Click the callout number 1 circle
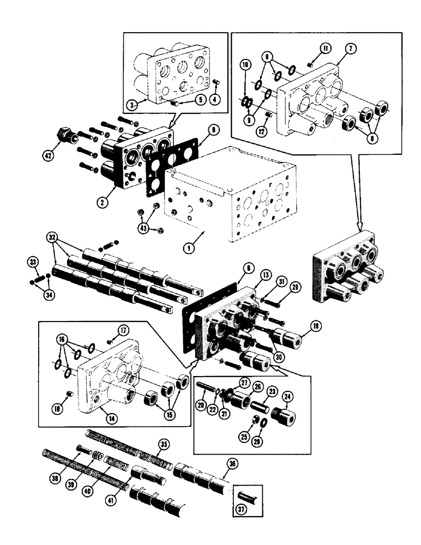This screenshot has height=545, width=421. [x=188, y=247]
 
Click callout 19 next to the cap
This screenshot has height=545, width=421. [x=315, y=326]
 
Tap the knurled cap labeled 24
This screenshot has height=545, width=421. [x=283, y=419]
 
